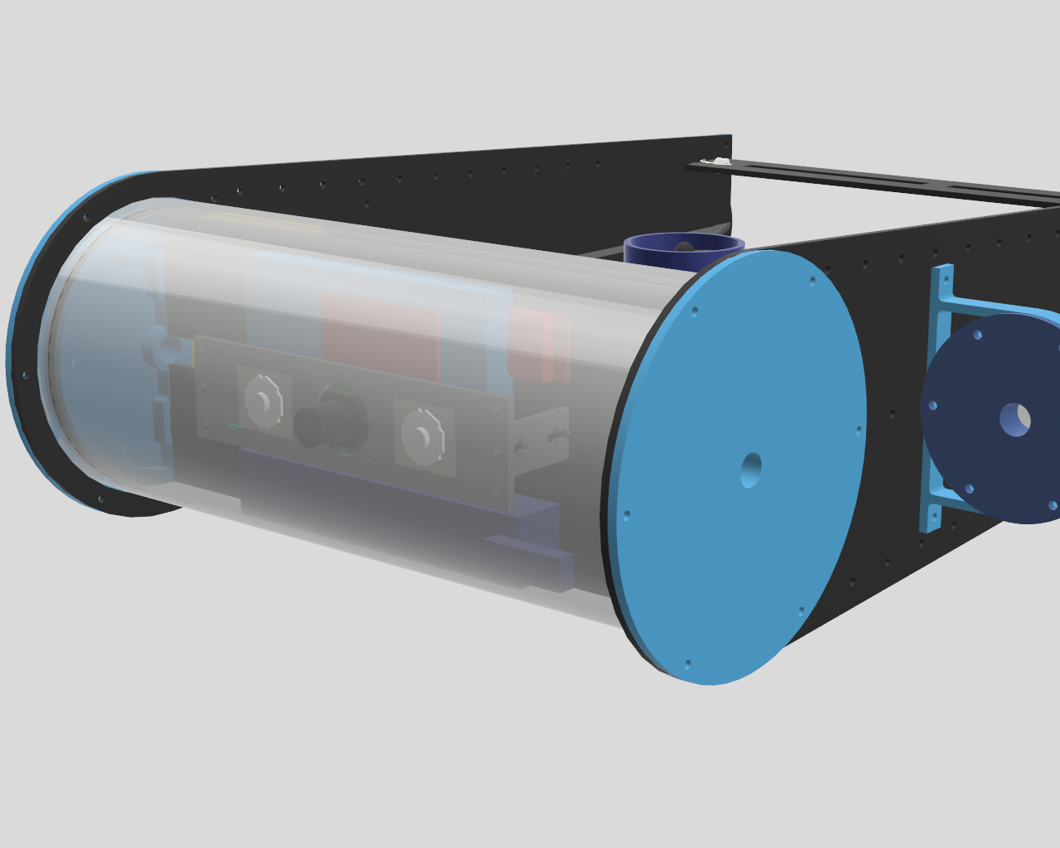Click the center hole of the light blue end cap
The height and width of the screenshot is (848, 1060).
coord(751,470)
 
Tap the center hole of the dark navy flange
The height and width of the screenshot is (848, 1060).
coord(1014,419)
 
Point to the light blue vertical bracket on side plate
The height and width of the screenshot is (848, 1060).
coord(937,397)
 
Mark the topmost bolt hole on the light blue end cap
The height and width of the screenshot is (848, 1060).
coord(812,280)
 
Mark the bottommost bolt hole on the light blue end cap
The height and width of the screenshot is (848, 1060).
coord(687,663)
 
